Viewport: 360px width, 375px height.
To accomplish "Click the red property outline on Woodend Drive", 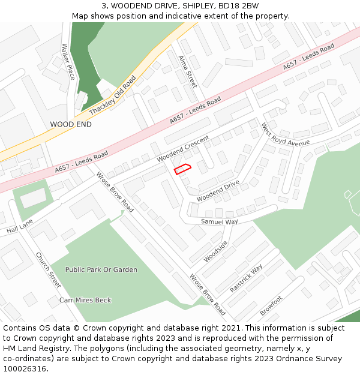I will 182,169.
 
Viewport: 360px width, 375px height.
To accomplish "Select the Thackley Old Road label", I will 112,96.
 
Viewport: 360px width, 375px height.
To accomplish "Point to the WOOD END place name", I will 71,124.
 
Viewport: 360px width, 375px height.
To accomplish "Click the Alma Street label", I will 187,71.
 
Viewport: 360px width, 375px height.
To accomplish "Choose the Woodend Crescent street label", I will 183,149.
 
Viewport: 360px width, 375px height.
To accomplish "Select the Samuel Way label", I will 219,221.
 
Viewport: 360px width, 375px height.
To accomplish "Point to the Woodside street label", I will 215,251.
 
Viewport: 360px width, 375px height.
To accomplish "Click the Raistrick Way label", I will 246,278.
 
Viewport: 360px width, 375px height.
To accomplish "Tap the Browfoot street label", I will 271,306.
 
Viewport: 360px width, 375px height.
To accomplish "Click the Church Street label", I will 48,269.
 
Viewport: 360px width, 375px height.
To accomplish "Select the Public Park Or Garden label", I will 101,270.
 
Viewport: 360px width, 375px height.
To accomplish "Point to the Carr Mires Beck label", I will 85,300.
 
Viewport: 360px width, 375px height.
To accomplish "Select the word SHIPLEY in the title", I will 187,6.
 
